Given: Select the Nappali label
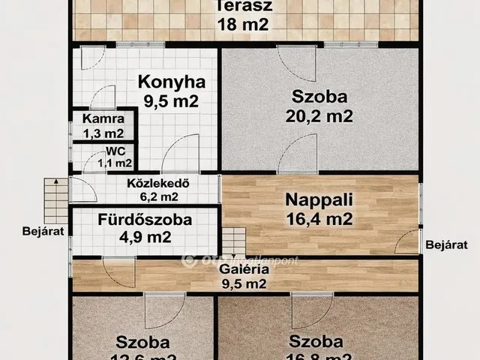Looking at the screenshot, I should [x=319, y=200].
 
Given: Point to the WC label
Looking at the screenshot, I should [x=115, y=151].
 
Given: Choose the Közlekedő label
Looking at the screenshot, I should [x=148, y=183].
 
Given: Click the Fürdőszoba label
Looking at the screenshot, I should [x=145, y=220].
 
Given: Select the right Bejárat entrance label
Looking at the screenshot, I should [x=446, y=244].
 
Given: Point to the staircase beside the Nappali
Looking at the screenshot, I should [x=233, y=241].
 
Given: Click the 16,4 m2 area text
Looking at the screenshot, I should [x=319, y=220].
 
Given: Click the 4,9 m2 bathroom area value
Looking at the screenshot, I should [x=145, y=238].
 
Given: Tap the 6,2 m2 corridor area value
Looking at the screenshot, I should [x=157, y=197].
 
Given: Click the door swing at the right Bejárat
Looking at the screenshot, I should [x=407, y=242].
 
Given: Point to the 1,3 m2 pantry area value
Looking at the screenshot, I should [x=103, y=134].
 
